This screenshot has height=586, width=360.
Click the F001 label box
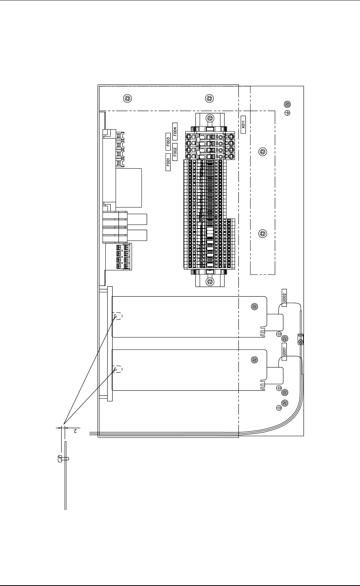[168, 162]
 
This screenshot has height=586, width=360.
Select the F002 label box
[175, 152]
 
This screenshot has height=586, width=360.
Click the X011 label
[243, 124]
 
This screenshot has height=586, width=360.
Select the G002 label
[284, 297]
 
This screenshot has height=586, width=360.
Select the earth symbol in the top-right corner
[287, 113]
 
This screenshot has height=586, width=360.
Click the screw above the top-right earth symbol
[287, 104]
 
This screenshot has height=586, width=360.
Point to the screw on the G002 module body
[254, 307]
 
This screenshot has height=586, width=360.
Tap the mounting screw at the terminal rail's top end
[209, 118]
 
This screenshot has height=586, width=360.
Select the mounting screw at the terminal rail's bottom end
[209, 281]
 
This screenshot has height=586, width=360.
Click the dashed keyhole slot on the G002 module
[117, 316]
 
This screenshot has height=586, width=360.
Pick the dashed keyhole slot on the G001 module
[117, 369]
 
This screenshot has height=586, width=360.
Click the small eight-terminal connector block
[123, 256]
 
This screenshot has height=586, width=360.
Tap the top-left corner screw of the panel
[127, 98]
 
